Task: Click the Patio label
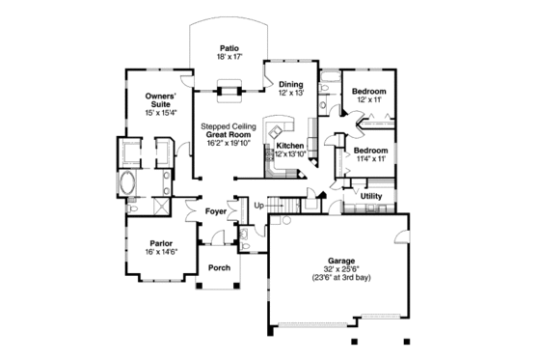tap(229, 47)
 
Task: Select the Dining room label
tap(291, 85)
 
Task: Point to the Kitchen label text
tap(290, 145)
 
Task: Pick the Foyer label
tap(216, 210)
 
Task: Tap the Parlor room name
tap(161, 243)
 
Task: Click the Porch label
tap(220, 267)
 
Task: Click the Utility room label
tap(371, 196)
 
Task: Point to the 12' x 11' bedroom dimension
tap(370, 100)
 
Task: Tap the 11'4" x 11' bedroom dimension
tap(370, 159)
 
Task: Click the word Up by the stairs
tap(258, 206)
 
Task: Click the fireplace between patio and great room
tap(229, 92)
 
